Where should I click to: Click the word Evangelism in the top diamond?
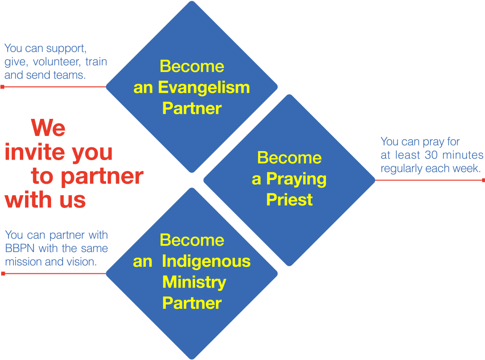204,88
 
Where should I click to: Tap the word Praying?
296,179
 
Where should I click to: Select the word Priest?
289,199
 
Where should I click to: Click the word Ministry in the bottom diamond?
194,282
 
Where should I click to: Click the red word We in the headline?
48,128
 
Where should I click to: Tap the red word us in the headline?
72,199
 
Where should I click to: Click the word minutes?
463,155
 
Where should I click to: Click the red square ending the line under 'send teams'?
2,87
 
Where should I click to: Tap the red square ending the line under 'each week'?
483,180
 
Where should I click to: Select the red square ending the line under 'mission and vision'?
3,274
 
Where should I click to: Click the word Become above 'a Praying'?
289,158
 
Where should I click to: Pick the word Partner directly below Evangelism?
192,108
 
